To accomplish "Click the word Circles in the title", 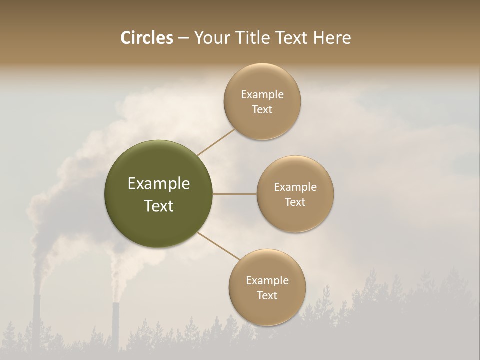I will (x=146, y=38).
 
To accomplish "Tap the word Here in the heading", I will (x=332, y=38).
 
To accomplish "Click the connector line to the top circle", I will (x=216, y=142).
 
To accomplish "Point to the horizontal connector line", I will (x=235, y=194).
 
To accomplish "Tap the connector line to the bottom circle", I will (x=219, y=246).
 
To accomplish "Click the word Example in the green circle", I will (x=159, y=184).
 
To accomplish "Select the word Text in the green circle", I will (x=159, y=206).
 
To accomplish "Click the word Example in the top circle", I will (x=262, y=95).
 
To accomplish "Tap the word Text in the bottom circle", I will (x=267, y=295).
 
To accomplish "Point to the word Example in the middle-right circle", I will (x=295, y=187).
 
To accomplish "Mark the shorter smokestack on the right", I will (x=116, y=325).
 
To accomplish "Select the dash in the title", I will (x=183, y=38).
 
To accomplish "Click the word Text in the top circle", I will (x=262, y=110).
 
